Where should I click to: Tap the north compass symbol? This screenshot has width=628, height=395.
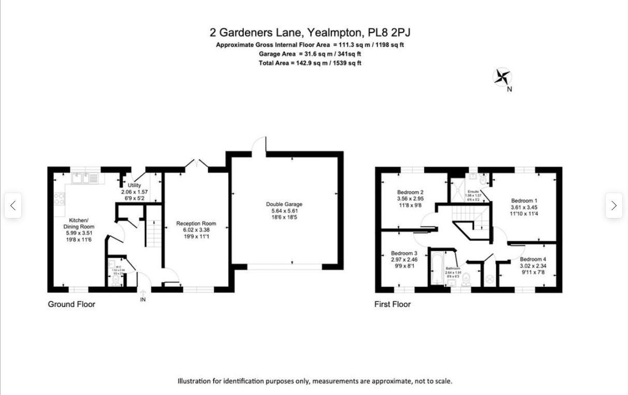point(502,78)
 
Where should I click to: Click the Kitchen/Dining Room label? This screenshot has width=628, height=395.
point(79,230)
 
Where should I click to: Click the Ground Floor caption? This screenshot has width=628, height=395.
point(71,304)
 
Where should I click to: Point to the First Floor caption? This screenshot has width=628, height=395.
point(392,304)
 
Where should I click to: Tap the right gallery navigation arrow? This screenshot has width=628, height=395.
point(614,206)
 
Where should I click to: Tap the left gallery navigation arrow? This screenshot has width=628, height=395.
point(13,206)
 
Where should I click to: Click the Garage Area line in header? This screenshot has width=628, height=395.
point(310,54)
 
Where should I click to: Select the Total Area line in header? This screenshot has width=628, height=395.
point(310,63)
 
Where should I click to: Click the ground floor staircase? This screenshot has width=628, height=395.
point(154,233)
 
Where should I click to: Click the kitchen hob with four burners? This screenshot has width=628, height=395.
point(59,199)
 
